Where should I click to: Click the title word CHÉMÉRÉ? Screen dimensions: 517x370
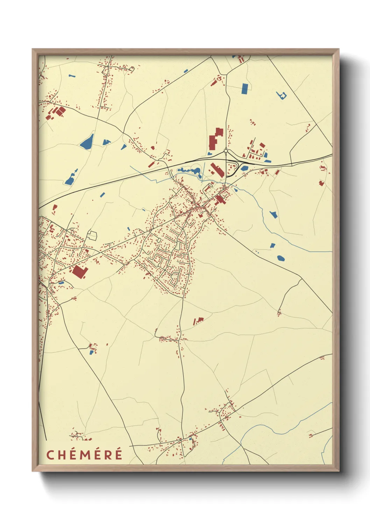84,455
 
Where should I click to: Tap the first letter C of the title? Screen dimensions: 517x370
50,455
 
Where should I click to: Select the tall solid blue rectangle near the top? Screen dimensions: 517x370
244,88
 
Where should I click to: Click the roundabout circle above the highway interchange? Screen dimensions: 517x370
226,151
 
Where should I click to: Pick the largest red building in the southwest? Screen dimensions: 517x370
79,272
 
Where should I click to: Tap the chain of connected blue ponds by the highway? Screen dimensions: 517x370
190,171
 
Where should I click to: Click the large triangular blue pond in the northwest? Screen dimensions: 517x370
87,141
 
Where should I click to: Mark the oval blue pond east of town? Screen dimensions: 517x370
280,258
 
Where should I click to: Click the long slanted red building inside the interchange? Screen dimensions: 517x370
217,170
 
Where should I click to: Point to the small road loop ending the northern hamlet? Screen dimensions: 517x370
131,69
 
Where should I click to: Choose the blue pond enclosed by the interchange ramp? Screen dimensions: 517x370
244,168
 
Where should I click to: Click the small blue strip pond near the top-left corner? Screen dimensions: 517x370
72,75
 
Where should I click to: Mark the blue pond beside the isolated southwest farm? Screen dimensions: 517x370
92,352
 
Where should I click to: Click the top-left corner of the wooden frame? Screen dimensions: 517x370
33,50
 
